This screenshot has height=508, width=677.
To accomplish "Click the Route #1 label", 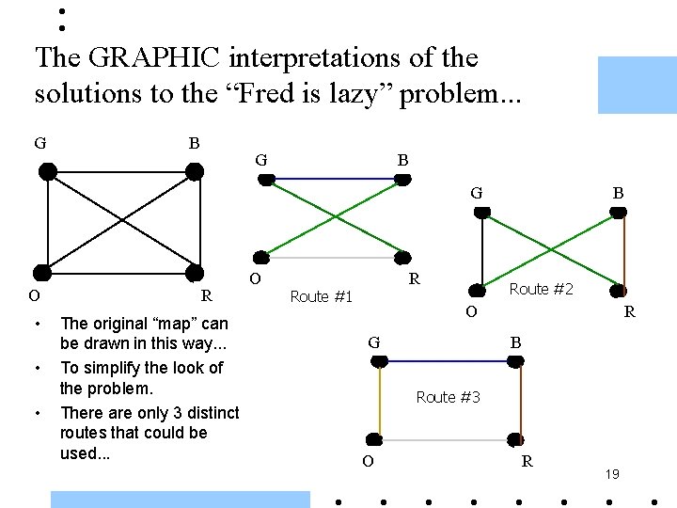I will pos(322,297).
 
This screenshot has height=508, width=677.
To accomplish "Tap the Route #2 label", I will pos(540,289).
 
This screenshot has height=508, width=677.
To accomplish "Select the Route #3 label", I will pos(448,397).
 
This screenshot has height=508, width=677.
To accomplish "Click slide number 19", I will pos(611,475).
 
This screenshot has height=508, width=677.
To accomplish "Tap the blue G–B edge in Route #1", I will pos(332,179).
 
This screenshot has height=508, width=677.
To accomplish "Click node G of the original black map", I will pos(46,171).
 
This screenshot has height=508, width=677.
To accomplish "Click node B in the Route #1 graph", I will pos(402,180).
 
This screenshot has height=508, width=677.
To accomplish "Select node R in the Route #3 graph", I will pos(513,439).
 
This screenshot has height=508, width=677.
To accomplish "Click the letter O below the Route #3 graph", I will pos(368,461).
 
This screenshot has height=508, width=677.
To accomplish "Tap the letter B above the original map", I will pos(194,144).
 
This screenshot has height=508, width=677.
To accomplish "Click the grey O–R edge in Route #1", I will pos(332,257).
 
